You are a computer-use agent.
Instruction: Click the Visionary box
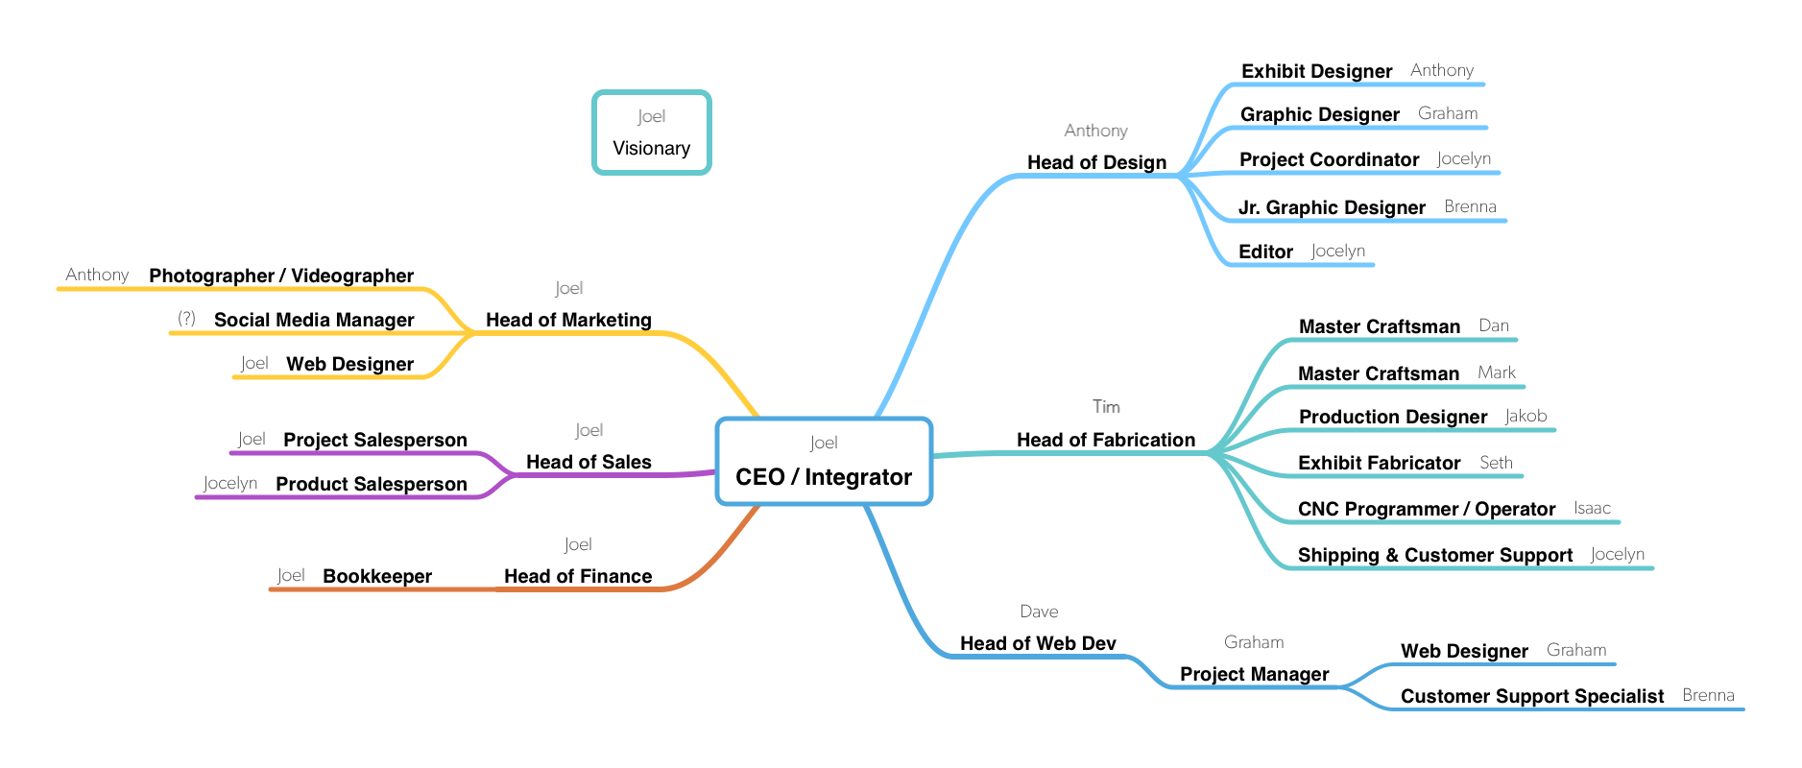click(651, 133)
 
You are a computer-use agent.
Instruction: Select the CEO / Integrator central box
click(824, 462)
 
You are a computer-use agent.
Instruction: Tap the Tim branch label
click(1106, 407)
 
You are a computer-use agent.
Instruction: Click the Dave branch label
click(1039, 612)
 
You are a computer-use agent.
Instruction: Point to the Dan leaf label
click(1493, 325)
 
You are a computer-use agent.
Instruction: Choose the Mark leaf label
click(1497, 372)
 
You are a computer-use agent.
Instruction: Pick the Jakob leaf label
click(1526, 416)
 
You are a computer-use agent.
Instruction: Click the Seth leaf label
click(1496, 463)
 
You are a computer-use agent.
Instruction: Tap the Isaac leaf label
click(1592, 508)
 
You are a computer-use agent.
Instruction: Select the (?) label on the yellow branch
click(186, 318)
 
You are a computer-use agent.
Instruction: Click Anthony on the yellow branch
click(97, 275)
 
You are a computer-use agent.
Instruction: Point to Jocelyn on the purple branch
click(230, 483)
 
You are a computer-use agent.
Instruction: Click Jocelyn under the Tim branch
click(1617, 554)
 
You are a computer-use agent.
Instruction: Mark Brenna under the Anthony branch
click(1470, 206)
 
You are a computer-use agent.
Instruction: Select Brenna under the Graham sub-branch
click(1708, 695)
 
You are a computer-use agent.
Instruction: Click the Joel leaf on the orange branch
click(291, 575)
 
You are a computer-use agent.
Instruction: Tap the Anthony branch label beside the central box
click(1095, 131)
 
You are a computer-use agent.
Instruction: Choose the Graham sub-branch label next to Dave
click(1253, 642)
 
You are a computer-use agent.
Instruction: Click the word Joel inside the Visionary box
click(651, 116)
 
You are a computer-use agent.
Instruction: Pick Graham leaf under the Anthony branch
click(1447, 113)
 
